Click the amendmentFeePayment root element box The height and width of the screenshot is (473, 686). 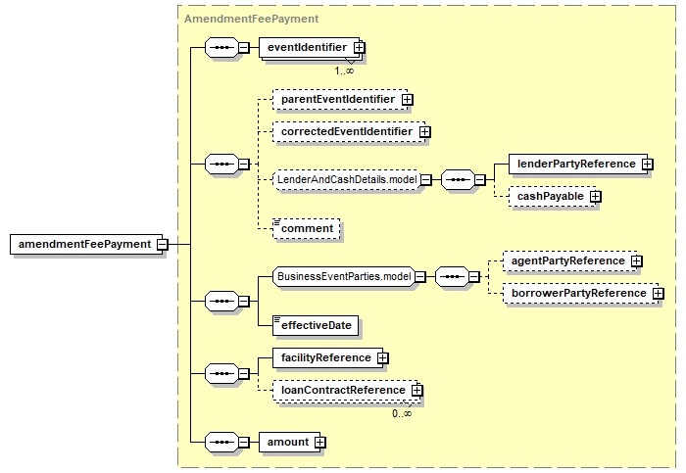pyautogui.click(x=86, y=244)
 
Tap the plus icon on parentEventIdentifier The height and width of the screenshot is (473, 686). pyautogui.click(x=408, y=99)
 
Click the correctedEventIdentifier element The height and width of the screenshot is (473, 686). pyautogui.click(x=349, y=131)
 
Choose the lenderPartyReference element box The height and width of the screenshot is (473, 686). pyautogui.click(x=578, y=164)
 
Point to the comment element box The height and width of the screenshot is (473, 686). pyautogui.click(x=306, y=228)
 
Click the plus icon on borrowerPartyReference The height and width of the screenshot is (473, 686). pyautogui.click(x=658, y=294)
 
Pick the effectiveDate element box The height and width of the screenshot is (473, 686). pyautogui.click(x=316, y=326)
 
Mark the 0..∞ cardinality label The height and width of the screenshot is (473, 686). pyautogui.click(x=402, y=413)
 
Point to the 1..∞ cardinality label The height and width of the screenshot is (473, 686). pyautogui.click(x=344, y=71)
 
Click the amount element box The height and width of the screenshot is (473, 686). pyautogui.click(x=290, y=442)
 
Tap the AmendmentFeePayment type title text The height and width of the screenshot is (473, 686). pyautogui.click(x=252, y=19)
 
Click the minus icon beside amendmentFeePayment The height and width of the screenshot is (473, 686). pyautogui.click(x=163, y=245)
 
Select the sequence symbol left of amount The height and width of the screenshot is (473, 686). pyautogui.click(x=221, y=442)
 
